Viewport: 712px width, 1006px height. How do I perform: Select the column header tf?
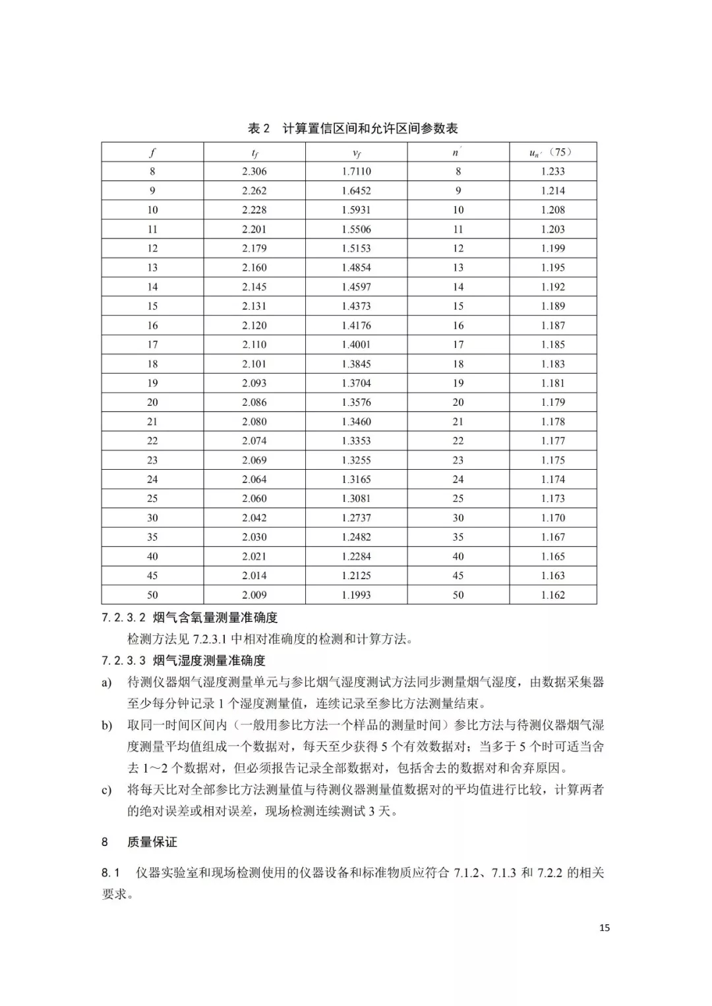(254, 153)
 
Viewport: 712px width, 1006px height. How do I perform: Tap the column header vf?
(356, 153)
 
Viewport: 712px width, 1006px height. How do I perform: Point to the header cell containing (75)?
(552, 152)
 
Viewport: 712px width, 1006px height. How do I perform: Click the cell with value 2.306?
(254, 171)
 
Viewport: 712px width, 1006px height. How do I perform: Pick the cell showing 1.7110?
(356, 171)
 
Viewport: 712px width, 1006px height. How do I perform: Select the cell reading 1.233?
(552, 171)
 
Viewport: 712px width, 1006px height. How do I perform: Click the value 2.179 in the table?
(254, 248)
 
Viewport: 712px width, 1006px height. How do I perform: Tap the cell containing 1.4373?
(356, 306)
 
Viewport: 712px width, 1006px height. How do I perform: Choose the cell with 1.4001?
(356, 345)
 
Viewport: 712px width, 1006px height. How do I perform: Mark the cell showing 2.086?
(254, 402)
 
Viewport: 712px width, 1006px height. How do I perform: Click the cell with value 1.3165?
(356, 479)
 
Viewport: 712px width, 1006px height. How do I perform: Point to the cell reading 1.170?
(552, 518)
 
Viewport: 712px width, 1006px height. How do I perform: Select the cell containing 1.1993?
(356, 595)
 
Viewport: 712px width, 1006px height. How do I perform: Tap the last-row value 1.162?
(552, 595)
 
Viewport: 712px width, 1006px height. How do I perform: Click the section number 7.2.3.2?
(124, 618)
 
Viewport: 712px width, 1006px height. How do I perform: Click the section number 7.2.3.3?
(124, 661)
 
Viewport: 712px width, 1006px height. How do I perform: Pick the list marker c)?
(106, 790)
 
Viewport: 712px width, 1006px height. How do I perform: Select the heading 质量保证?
(152, 842)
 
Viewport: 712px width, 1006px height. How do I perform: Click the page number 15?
(605, 928)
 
